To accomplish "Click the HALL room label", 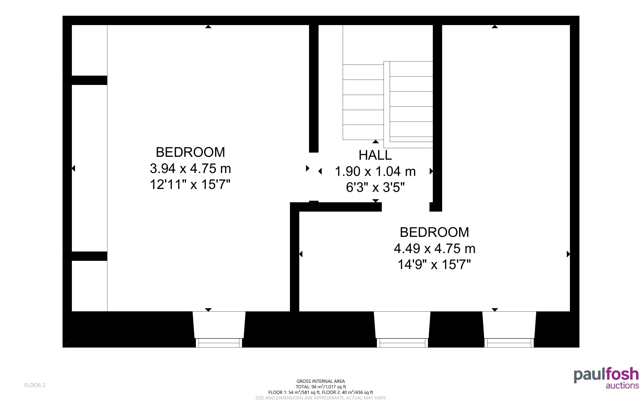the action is (x=375, y=155).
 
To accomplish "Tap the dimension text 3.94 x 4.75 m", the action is (x=190, y=168).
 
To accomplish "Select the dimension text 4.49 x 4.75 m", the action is (x=435, y=248).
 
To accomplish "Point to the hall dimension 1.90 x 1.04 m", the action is (x=375, y=171).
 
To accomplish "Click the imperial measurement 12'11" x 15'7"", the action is (x=190, y=184).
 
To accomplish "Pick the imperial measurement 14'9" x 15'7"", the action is (x=434, y=264).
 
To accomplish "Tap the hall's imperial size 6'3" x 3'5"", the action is (x=375, y=187).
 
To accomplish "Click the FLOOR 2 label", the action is (x=35, y=385).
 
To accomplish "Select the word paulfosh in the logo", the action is (x=606, y=375).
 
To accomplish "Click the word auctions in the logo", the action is (x=622, y=385).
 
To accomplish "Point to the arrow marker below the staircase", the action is (x=376, y=142).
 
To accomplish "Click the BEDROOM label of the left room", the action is (x=190, y=152).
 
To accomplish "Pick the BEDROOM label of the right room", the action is (x=434, y=232).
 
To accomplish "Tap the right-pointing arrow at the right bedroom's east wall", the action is (x=568, y=254).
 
